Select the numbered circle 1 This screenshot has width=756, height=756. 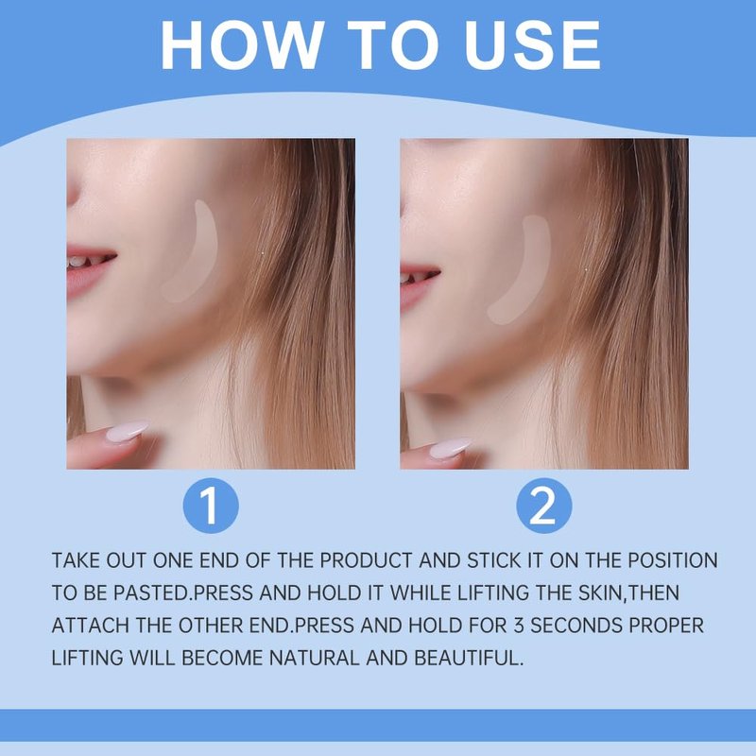point(211,506)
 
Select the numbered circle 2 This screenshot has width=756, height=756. point(544,506)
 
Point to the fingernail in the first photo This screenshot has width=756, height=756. point(128,432)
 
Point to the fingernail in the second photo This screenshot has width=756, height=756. point(451,448)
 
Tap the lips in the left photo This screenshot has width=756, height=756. point(89,270)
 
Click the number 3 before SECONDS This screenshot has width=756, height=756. point(518,626)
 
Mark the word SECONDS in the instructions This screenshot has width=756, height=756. point(576,626)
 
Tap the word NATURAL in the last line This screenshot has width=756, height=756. point(314,658)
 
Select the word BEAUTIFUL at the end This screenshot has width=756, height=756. point(468,658)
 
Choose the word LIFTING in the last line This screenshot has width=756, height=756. point(87,658)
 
